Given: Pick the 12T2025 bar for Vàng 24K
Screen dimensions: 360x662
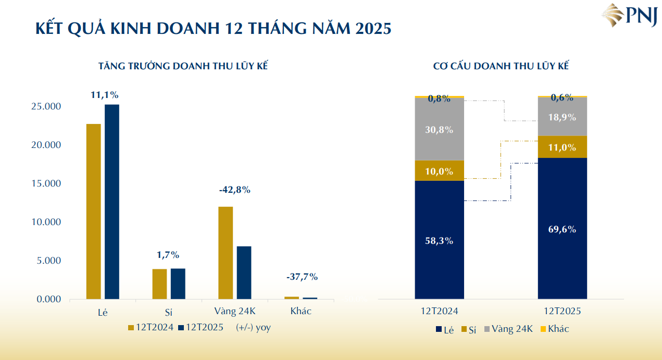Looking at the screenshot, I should click(244, 272).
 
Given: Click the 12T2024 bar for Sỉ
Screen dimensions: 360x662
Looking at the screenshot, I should click(159, 284).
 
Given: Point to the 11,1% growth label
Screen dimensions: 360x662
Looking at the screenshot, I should click(105, 95).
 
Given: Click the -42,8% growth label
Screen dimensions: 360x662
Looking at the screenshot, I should click(235, 190).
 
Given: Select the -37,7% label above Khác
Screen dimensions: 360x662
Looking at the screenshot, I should click(302, 277).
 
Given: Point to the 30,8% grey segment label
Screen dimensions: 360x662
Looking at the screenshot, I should click(439, 130).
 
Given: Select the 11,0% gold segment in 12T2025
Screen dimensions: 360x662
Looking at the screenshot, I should click(562, 147).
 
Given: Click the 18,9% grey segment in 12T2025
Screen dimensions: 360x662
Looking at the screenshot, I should click(562, 117).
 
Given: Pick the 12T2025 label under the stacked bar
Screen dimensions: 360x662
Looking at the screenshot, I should click(563, 311).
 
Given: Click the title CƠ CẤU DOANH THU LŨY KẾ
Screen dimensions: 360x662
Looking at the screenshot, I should click(501, 67).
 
